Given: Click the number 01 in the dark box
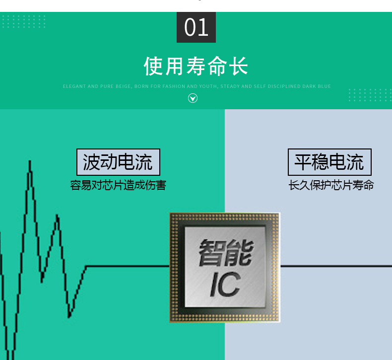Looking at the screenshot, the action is click(196, 27).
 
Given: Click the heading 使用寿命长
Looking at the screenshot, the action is click(196, 66).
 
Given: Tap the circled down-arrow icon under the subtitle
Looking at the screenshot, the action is click(193, 98).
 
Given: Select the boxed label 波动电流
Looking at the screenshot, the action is click(118, 162).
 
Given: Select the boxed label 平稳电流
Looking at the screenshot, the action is click(329, 162).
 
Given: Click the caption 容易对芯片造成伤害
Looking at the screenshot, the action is click(118, 186).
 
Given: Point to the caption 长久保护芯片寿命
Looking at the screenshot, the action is click(331, 186).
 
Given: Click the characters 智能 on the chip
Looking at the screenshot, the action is click(225, 252).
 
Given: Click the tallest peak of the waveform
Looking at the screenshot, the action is click(30, 162).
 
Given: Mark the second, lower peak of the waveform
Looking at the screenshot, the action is click(57, 216).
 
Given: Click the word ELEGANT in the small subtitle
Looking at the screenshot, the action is click(74, 86).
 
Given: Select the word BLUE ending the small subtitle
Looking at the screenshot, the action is click(325, 86).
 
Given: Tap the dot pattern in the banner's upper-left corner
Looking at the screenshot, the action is click(24, 21).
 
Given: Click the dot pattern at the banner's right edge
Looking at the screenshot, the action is click(370, 95).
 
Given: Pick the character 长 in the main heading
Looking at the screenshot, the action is click(239, 66).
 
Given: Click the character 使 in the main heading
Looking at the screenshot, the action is click(154, 66).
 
